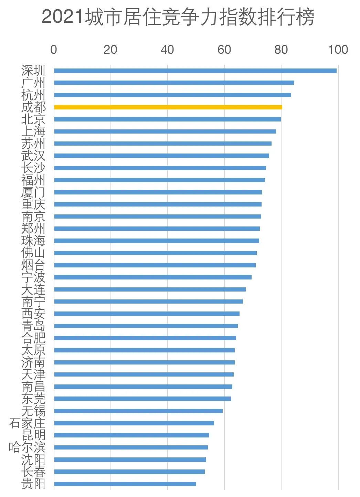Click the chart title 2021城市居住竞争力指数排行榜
178,17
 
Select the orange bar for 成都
168,107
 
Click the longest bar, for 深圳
195,71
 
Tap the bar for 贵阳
125,484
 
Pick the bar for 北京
167,119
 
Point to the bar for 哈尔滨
131,447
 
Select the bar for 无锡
138,411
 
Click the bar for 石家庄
134,423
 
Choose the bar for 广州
174,83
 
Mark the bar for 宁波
153,277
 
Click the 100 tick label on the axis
338,50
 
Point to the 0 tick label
54,50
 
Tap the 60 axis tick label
224,50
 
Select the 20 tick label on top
110,50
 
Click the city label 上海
33,131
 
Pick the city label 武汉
33,156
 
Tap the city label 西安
33,314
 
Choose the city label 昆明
33,435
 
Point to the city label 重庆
33,204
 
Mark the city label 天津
33,374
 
